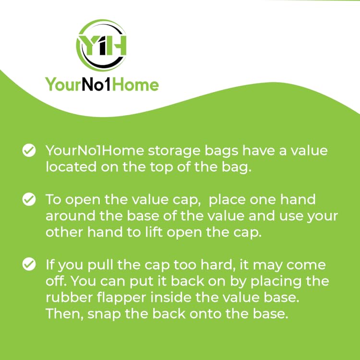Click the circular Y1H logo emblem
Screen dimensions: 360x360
[x=101, y=45]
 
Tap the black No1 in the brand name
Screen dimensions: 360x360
[x=96, y=84]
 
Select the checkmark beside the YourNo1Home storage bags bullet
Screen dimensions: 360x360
[x=29, y=151]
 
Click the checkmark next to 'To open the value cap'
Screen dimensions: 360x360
[x=29, y=199]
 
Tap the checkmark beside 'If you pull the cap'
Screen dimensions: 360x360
[x=29, y=264]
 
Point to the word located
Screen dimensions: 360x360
[x=71, y=167]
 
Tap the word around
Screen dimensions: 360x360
[x=71, y=216]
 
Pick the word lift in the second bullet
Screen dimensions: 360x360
[x=154, y=232]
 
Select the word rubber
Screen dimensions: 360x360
[x=69, y=297]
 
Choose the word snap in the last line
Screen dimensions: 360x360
[x=104, y=314]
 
